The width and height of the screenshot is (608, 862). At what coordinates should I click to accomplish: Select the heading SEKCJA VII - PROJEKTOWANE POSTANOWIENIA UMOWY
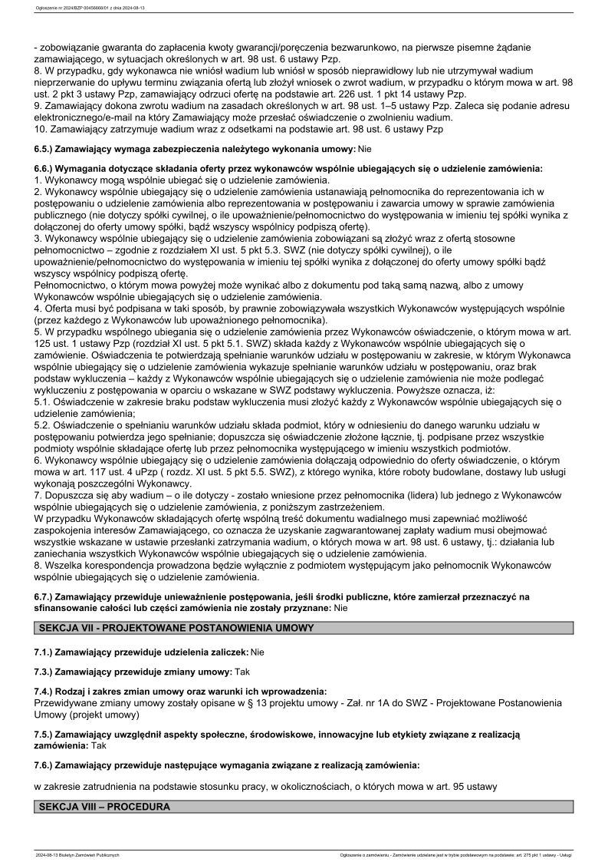coord(176,627)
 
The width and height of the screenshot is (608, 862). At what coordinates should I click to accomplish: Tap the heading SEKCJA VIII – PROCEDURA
coord(104,807)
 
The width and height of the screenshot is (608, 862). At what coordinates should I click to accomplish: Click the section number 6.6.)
coord(45,167)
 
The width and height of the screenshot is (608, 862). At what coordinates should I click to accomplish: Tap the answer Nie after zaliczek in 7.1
coord(258,652)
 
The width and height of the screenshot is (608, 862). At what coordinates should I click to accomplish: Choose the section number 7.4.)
coord(45,692)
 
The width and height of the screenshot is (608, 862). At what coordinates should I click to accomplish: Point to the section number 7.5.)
coord(45,735)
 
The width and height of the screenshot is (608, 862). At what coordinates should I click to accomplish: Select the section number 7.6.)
coord(45,765)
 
